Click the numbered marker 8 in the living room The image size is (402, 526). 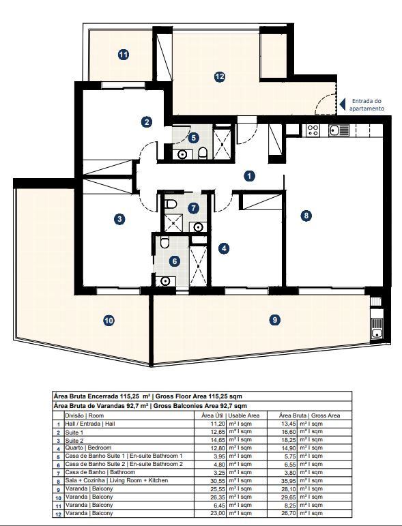(x=306, y=216)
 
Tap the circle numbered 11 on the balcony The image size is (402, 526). (x=123, y=55)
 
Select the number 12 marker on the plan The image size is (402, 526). (x=219, y=77)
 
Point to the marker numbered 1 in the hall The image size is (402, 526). (x=250, y=176)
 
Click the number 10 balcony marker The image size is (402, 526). (x=109, y=320)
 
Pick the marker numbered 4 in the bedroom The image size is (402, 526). (x=223, y=249)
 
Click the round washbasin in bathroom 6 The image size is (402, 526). (x=164, y=280)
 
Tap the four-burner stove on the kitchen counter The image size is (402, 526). (x=314, y=129)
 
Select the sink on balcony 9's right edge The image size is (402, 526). (x=375, y=333)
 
